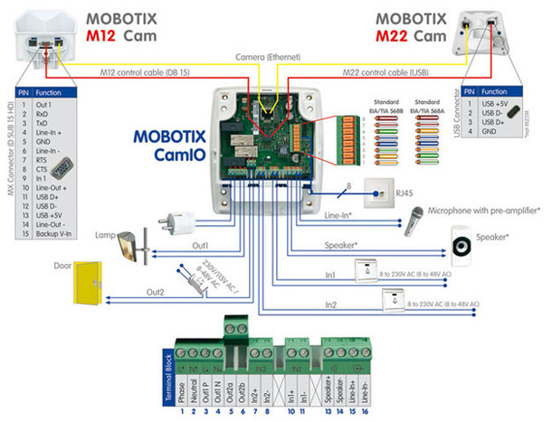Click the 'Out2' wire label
coord(157,292)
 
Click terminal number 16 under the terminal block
coord(363,411)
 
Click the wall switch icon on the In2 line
coord(395,299)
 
